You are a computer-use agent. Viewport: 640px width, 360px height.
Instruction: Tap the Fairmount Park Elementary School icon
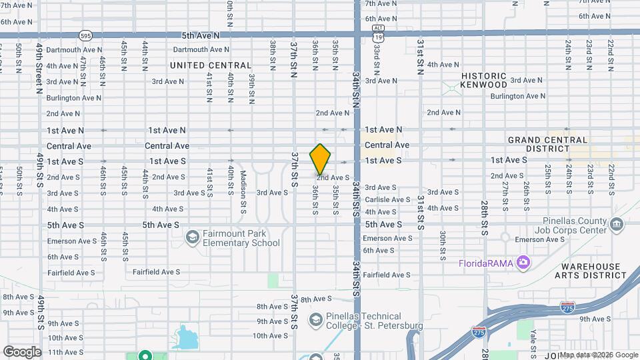tap(193, 237)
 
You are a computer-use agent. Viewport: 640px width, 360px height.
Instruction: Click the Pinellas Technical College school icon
tap(315, 321)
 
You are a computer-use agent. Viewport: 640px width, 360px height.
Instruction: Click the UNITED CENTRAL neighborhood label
tap(211, 65)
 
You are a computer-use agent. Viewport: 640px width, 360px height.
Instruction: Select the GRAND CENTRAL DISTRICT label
tap(548, 144)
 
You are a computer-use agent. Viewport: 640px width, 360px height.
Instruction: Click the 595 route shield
tap(85, 35)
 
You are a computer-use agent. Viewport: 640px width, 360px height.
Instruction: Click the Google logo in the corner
tap(22, 351)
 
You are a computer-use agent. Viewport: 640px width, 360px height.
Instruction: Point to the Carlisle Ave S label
tap(387, 199)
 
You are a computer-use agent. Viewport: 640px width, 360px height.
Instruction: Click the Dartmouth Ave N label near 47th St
tap(74, 49)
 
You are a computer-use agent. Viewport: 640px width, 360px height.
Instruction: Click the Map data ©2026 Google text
tap(598, 355)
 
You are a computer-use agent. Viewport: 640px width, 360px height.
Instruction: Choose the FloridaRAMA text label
tap(485, 263)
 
